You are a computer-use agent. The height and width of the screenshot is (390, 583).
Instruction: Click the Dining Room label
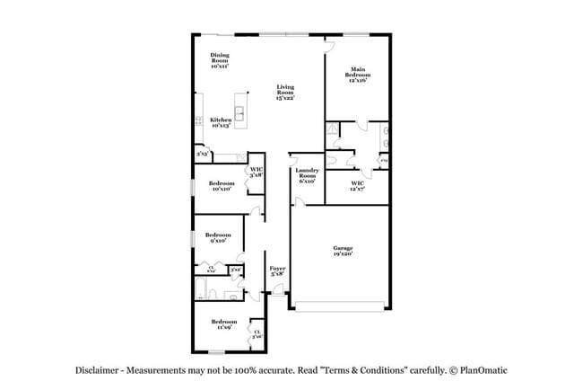pyautogui.click(x=220, y=60)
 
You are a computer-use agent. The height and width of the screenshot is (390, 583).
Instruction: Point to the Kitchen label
pyautogui.click(x=221, y=122)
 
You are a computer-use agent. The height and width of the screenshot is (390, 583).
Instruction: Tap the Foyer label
pyautogui.click(x=277, y=271)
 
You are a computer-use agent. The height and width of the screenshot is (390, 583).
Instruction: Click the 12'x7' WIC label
pyautogui.click(x=356, y=186)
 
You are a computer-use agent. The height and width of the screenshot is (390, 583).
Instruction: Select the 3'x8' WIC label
pyautogui.click(x=257, y=172)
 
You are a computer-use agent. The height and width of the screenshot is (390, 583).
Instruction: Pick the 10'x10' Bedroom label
pyautogui.click(x=222, y=186)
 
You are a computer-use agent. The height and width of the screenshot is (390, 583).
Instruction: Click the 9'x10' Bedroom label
pyautogui.click(x=218, y=237)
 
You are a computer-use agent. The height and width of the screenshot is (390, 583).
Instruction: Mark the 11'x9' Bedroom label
pyautogui.click(x=223, y=324)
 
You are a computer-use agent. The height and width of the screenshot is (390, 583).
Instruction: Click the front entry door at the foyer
pyautogui.click(x=279, y=293)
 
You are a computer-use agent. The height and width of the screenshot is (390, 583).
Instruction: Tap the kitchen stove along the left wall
pyautogui.click(x=197, y=121)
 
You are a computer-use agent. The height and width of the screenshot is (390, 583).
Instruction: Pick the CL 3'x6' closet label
pyautogui.click(x=257, y=333)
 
